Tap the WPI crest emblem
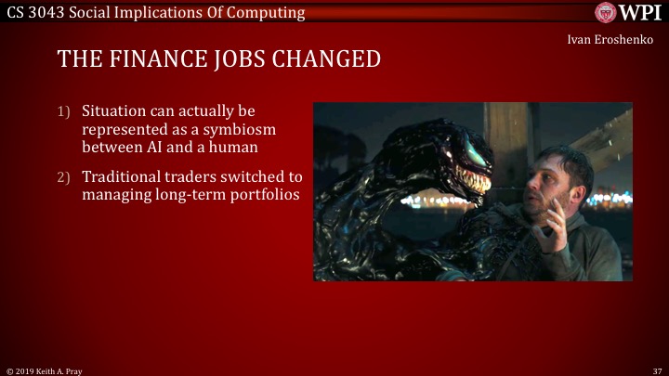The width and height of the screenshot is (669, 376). coord(605,13)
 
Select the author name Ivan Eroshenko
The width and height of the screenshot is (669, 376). coord(610,40)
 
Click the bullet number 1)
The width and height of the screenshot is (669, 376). coord(63,111)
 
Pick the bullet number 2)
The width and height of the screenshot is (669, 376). coord(63,176)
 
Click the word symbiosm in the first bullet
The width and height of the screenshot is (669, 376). coord(237,129)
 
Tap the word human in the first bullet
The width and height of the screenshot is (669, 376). coord(234,147)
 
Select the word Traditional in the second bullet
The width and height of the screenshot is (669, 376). coord(124,176)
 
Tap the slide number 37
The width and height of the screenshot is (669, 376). coord(656,370)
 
